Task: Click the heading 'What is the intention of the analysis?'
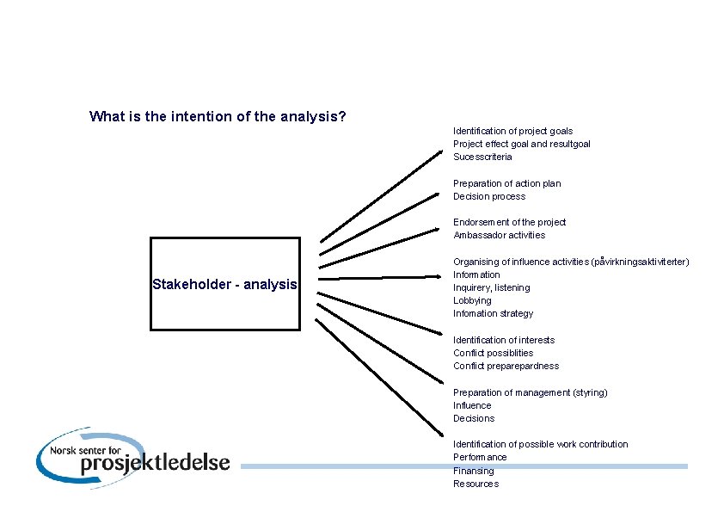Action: [x=218, y=116]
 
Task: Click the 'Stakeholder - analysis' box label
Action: [x=224, y=284]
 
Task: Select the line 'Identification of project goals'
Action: [x=512, y=131]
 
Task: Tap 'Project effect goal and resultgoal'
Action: [x=522, y=144]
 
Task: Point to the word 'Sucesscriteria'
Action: [x=482, y=157]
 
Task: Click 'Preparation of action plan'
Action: [x=507, y=183]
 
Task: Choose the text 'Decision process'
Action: [x=489, y=196]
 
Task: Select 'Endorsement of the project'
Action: [x=510, y=222]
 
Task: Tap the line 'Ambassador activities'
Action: [x=500, y=235]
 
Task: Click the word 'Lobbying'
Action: [x=473, y=300]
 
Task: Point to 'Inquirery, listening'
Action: [x=492, y=287]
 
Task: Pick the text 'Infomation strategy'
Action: [x=494, y=313]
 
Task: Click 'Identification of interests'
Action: [x=504, y=340]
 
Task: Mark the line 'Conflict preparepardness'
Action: [x=506, y=366]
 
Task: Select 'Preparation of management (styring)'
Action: [x=531, y=392]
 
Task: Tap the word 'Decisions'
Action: [x=474, y=418]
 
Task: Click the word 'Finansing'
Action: [x=474, y=471]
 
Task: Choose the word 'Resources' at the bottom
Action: [x=476, y=484]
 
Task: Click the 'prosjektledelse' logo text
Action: [x=155, y=462]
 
